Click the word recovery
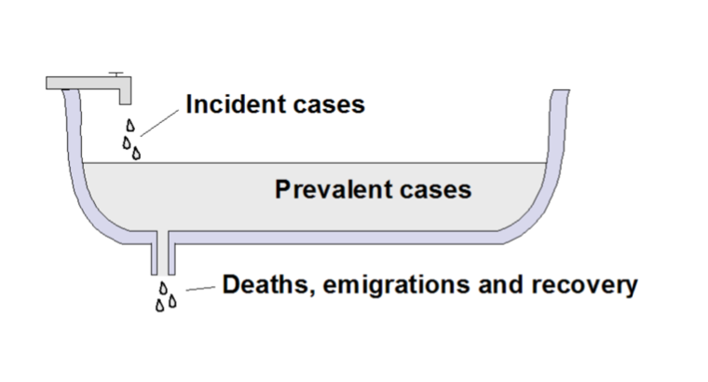[588, 284]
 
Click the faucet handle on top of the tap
[115, 74]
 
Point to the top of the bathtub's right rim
[560, 93]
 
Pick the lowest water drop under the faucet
[136, 153]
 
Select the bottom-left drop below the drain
[159, 305]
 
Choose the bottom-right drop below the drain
[172, 301]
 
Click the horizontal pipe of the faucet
[88, 82]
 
